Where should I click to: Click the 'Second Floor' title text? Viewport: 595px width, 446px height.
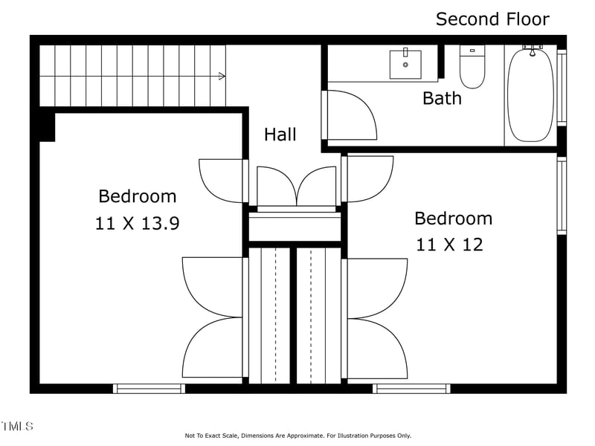[492, 19]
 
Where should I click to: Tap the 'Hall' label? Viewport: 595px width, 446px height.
[280, 135]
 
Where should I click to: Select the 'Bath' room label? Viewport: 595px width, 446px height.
[442, 98]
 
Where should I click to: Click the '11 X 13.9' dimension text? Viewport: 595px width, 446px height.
[137, 223]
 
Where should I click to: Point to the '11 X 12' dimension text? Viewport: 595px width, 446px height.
[449, 244]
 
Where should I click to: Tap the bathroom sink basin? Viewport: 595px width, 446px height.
[405, 65]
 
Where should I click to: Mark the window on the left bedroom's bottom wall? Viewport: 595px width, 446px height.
[149, 388]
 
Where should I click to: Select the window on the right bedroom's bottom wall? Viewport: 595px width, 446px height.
[411, 388]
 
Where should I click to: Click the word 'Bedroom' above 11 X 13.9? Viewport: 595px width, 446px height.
[138, 196]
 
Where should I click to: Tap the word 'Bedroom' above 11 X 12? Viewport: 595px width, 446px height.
[453, 219]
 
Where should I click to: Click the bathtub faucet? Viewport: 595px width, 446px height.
[532, 50]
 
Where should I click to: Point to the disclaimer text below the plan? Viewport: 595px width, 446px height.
[297, 436]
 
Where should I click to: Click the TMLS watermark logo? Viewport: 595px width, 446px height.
[17, 426]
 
